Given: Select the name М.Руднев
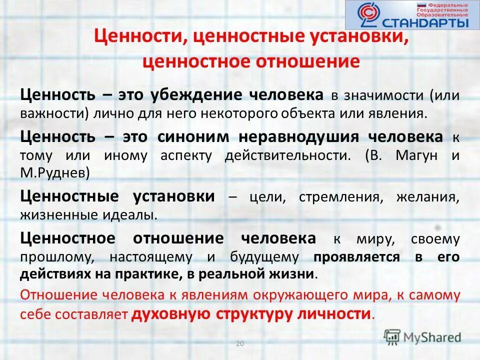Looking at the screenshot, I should point(55,173).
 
